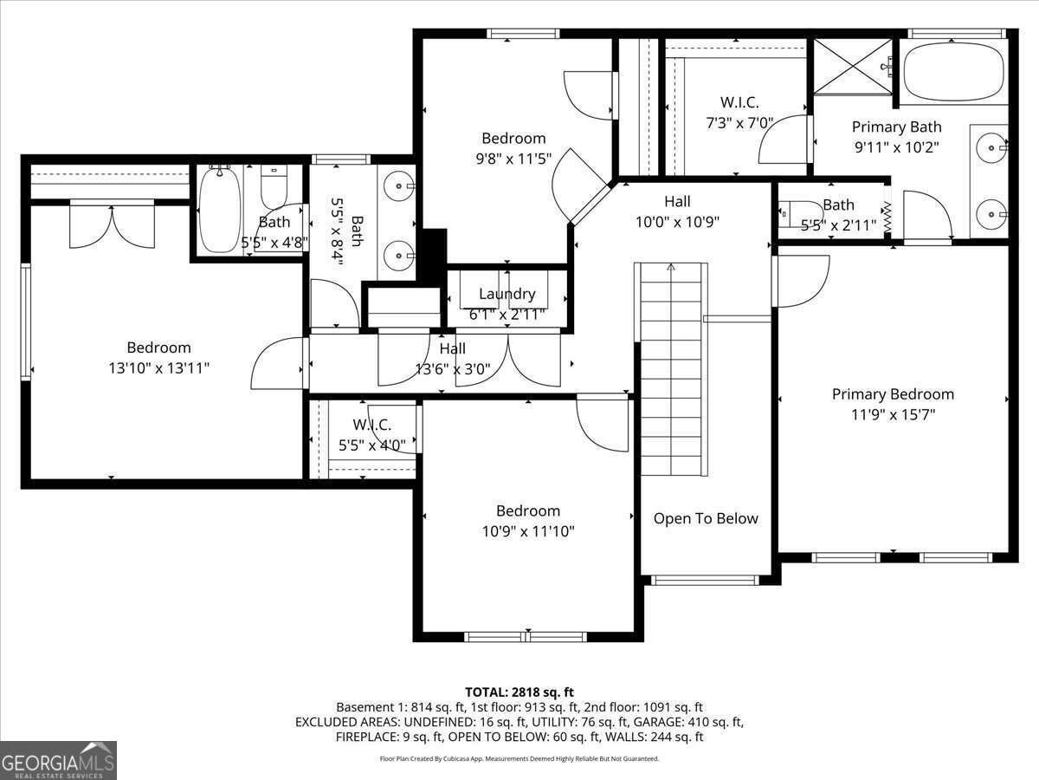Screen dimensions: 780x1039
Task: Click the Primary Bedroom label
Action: [893, 393]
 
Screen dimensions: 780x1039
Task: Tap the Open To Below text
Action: [705, 518]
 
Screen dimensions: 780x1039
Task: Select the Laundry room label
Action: [507, 294]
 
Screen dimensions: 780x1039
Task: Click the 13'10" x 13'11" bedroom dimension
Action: [158, 368]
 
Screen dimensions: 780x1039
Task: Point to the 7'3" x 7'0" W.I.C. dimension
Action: [739, 123]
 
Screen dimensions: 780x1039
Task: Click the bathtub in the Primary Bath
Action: [954, 71]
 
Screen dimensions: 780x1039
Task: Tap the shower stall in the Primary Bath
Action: [852, 66]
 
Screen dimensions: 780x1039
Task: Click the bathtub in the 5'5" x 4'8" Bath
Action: [218, 209]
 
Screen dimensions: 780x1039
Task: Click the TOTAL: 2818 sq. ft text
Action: [519, 692]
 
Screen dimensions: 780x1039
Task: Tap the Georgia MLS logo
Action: [58, 760]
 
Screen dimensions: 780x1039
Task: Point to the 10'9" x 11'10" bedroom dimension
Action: [527, 531]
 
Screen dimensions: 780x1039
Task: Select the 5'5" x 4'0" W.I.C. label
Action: [371, 425]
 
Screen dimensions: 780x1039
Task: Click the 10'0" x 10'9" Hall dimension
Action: [677, 222]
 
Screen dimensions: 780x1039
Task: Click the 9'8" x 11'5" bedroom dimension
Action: [513, 159]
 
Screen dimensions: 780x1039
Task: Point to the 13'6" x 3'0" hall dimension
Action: [452, 369]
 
